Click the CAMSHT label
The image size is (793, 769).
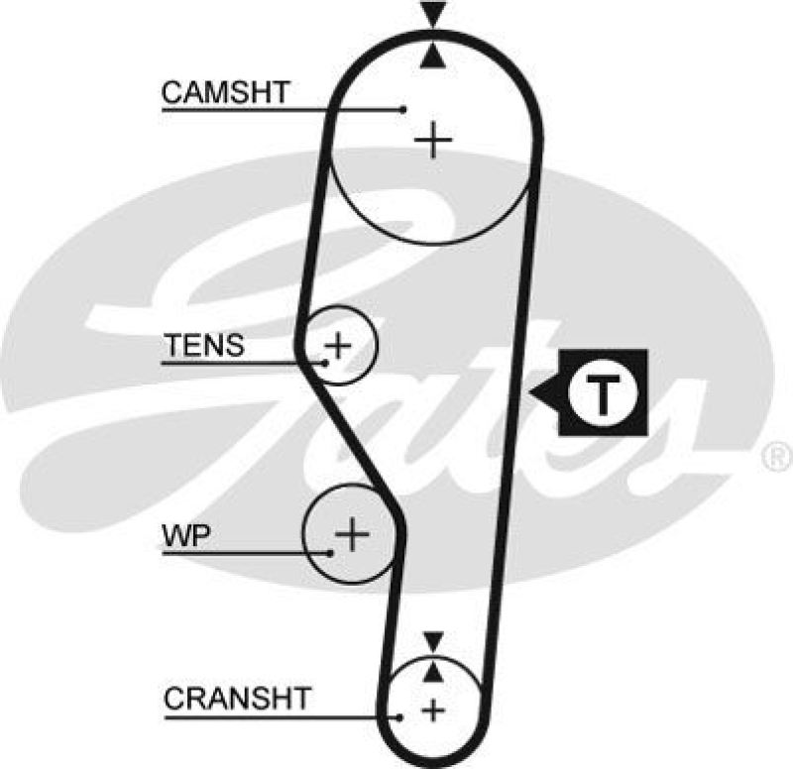(x=225, y=93)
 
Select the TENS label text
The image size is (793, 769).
(x=203, y=346)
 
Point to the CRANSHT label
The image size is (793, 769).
(x=237, y=698)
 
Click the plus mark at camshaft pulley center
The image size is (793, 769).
(x=433, y=140)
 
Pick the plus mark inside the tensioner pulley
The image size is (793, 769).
(x=339, y=345)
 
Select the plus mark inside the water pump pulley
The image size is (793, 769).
(x=352, y=535)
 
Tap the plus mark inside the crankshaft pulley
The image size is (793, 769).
(x=433, y=709)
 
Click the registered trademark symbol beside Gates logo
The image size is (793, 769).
(x=772, y=456)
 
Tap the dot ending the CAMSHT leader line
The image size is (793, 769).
(x=404, y=109)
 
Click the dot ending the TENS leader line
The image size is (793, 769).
(x=325, y=362)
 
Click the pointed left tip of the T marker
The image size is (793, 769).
(x=532, y=393)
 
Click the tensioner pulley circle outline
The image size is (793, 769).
(x=378, y=345)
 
